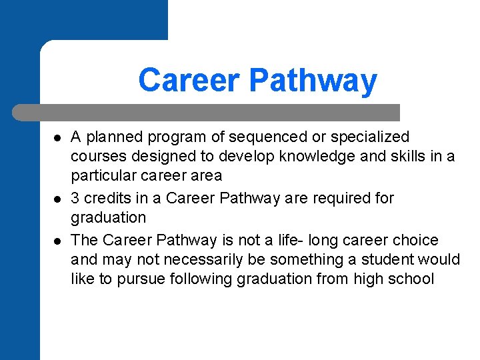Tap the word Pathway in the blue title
(x=313, y=81)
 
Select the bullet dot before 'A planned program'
(x=57, y=138)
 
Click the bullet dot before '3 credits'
(x=57, y=199)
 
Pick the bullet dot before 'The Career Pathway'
(x=57, y=241)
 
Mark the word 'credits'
(x=106, y=199)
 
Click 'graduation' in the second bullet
(x=108, y=218)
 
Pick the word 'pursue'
(x=140, y=279)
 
